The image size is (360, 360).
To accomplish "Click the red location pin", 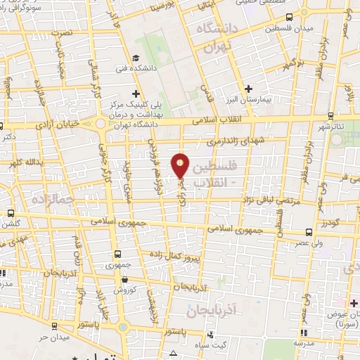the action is (181, 165).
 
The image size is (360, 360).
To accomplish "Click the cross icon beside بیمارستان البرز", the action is (247, 89).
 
